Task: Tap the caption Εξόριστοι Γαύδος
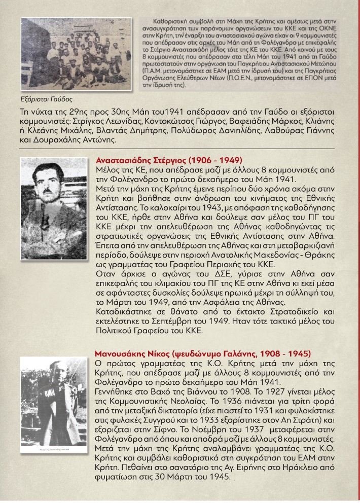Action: click(x=43, y=99)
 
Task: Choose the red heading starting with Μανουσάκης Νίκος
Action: click(x=203, y=353)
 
